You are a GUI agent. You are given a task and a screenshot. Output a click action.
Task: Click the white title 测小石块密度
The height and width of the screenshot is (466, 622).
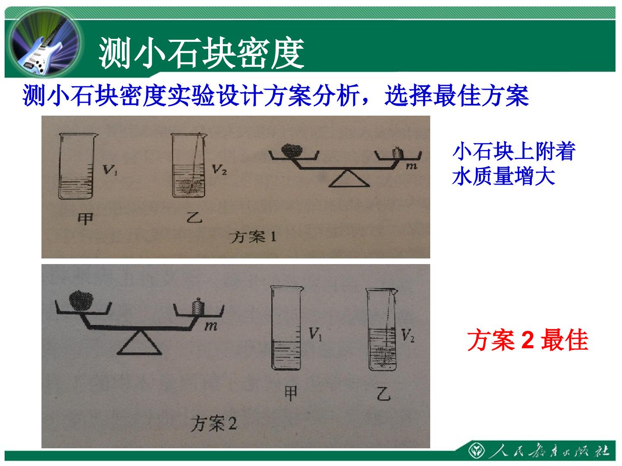tap(201, 53)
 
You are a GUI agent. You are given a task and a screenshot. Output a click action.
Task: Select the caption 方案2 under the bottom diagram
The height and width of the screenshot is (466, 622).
tap(214, 423)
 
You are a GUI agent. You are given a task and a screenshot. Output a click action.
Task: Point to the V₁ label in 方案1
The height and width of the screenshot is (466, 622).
tap(110, 170)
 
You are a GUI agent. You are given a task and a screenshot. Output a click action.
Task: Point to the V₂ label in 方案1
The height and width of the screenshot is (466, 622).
tap(219, 170)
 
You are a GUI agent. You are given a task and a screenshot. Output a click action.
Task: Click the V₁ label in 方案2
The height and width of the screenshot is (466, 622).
tap(315, 334)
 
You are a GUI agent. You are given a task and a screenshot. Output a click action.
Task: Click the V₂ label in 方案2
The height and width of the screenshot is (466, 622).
tap(408, 336)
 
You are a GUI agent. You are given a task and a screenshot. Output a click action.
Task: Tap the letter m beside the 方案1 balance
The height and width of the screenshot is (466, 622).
tap(412, 166)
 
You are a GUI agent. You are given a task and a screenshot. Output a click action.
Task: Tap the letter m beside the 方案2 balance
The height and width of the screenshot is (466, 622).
tap(211, 327)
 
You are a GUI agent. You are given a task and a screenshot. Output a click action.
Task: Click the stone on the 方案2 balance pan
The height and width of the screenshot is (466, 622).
tap(81, 301)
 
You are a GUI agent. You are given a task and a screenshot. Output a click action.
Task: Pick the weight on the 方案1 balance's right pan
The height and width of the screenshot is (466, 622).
tap(397, 153)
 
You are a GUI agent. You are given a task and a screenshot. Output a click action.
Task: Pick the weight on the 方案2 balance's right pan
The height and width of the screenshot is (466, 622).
tap(198, 306)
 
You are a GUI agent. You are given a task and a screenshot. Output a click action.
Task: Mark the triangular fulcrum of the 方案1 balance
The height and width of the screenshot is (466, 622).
tap(349, 179)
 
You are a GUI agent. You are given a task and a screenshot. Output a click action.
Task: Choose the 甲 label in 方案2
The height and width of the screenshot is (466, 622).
tap(291, 393)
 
